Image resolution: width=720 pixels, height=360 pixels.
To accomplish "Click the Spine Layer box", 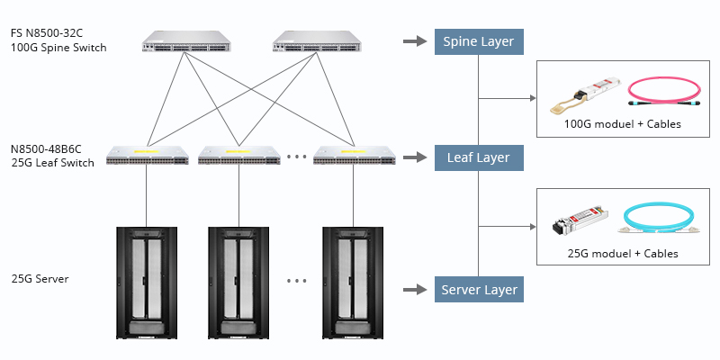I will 479,41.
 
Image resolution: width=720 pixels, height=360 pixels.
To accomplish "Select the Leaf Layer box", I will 479,157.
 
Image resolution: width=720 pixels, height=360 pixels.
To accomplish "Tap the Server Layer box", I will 479,290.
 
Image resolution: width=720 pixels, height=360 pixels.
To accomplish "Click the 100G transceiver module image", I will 588,91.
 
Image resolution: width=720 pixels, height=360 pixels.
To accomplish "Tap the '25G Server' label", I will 40,279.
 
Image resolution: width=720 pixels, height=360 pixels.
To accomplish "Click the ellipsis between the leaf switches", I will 296,157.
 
